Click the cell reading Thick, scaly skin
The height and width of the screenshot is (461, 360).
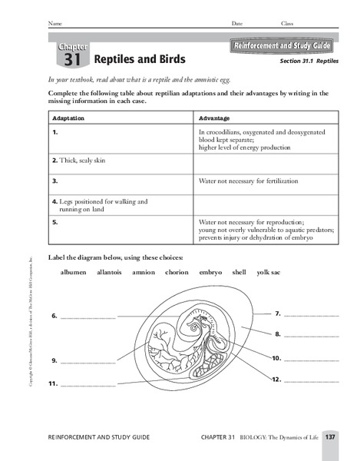[79, 161]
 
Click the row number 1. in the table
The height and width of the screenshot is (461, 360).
[55, 133]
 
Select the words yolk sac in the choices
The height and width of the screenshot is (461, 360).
[269, 272]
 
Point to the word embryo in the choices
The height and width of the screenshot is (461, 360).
[210, 272]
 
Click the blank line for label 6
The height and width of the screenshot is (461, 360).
[88, 317]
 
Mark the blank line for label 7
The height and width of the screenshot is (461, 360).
[311, 315]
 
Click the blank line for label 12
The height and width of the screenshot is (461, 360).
[311, 380]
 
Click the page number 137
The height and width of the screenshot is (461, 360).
[330, 437]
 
